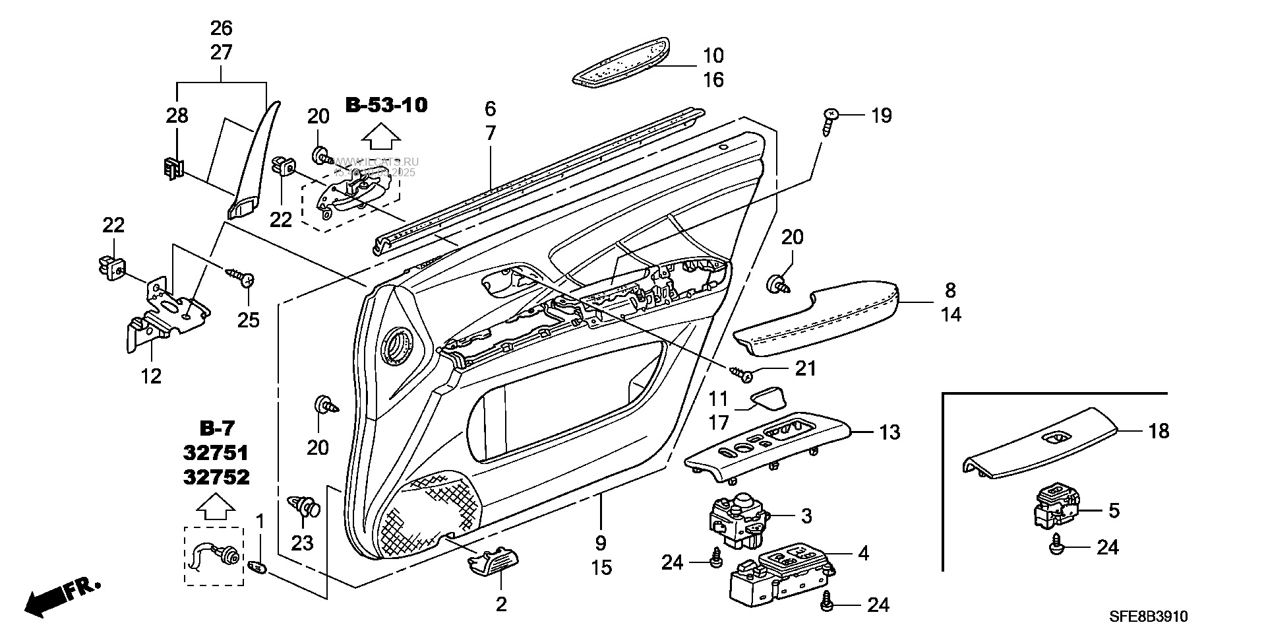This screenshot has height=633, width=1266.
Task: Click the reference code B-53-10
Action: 386,104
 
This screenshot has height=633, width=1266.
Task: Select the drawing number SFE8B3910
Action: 1148,616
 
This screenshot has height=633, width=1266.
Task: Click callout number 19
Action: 881,116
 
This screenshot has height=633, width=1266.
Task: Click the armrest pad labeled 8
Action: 818,318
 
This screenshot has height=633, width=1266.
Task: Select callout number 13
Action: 889,433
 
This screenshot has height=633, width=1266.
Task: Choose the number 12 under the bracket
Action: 151,376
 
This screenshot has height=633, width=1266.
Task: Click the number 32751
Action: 216,453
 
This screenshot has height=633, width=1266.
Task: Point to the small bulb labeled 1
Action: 259,566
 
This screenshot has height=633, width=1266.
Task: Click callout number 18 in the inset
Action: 1159,432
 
